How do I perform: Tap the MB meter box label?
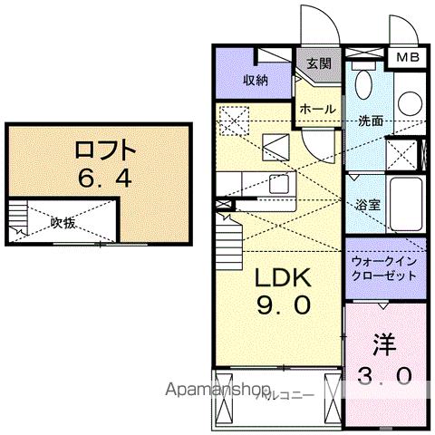(x=405, y=57)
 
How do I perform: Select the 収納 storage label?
(x=255, y=81)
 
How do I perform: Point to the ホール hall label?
(x=317, y=110)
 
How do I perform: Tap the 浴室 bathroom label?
(x=369, y=204)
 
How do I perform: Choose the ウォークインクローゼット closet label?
(x=382, y=266)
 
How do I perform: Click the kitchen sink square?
(x=277, y=184)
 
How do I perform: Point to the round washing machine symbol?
(x=406, y=101)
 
